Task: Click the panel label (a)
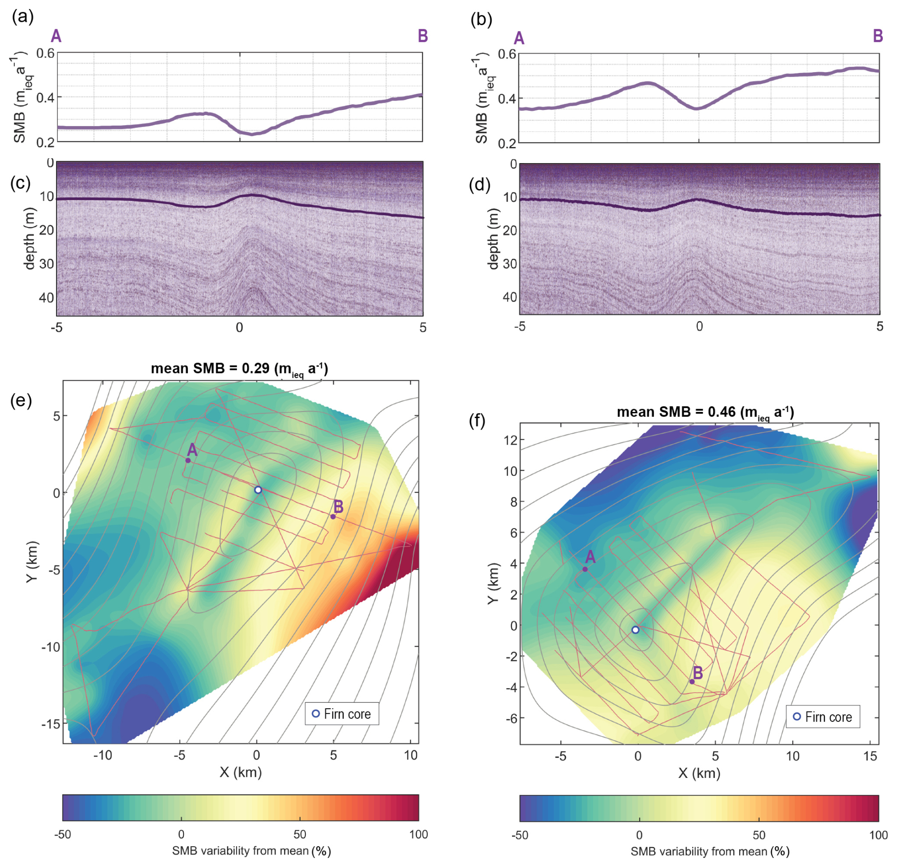pos(22,17)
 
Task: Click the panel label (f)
pos(477,420)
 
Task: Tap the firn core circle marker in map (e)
pos(258,490)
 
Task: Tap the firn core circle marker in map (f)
pos(635,630)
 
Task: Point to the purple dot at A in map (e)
pos(188,460)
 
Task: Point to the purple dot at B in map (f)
pos(692,682)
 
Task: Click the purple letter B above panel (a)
pos(422,36)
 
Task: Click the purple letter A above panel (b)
pos(519,38)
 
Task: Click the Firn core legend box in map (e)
pos(342,714)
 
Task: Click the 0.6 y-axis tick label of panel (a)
pos(46,53)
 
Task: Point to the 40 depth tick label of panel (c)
pos(46,298)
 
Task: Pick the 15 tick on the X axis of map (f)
pos(870,757)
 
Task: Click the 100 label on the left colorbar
pos(418,835)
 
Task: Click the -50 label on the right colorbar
pos(520,835)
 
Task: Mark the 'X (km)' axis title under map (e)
pos(240,772)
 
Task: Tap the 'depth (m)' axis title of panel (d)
pos(494,239)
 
